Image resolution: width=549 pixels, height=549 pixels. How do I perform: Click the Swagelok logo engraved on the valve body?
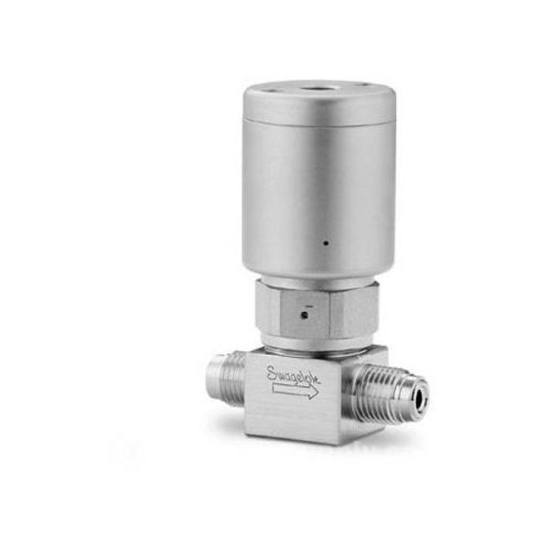(x=293, y=375)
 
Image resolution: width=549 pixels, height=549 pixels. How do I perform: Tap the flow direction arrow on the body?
(x=296, y=391)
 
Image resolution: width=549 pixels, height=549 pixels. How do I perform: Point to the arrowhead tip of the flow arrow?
(x=318, y=392)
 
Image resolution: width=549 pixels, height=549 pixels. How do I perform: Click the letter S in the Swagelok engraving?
(x=272, y=372)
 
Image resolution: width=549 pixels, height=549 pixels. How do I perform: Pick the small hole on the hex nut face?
(x=305, y=316)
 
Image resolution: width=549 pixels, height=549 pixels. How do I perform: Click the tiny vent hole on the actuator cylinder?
(x=326, y=242)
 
